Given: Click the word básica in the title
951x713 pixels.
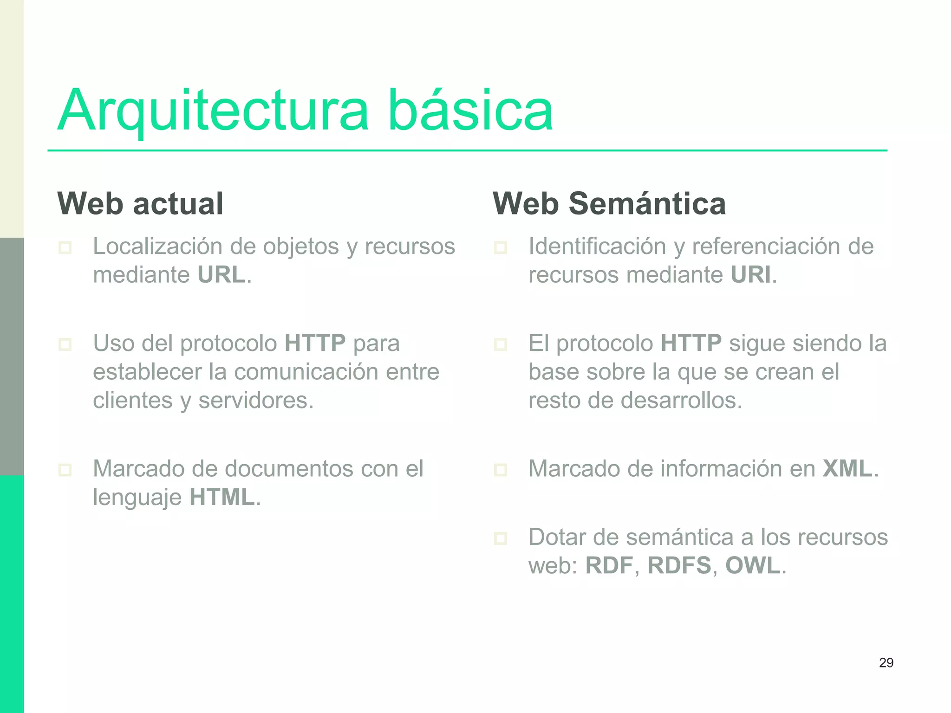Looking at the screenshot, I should (470, 110).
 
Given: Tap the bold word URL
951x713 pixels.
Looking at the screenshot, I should (221, 275).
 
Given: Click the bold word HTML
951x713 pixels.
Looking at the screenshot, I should (222, 497).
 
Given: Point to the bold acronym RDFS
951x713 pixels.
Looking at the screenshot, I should (679, 565).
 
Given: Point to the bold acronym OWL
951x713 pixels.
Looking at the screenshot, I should (753, 565).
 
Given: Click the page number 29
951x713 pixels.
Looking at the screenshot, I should (886, 662).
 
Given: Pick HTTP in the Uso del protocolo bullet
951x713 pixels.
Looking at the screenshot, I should (315, 344).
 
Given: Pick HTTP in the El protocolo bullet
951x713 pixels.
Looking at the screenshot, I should (691, 344).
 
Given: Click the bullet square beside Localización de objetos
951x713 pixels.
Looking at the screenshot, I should (65, 247).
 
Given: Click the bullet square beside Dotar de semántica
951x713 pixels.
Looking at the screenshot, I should (501, 538).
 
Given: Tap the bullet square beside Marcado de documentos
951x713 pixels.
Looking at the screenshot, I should (65, 470).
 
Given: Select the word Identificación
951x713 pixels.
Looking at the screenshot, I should (597, 246).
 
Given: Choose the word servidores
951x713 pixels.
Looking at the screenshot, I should (256, 400).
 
